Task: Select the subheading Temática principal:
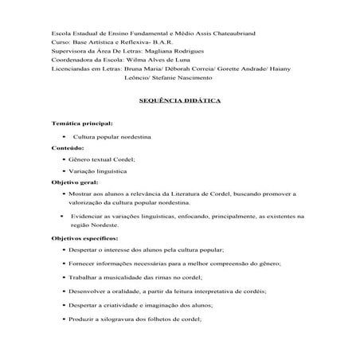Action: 82,125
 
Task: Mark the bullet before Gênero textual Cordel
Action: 64,159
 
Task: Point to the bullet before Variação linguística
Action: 64,171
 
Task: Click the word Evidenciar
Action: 90,216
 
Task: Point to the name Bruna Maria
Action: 143,68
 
